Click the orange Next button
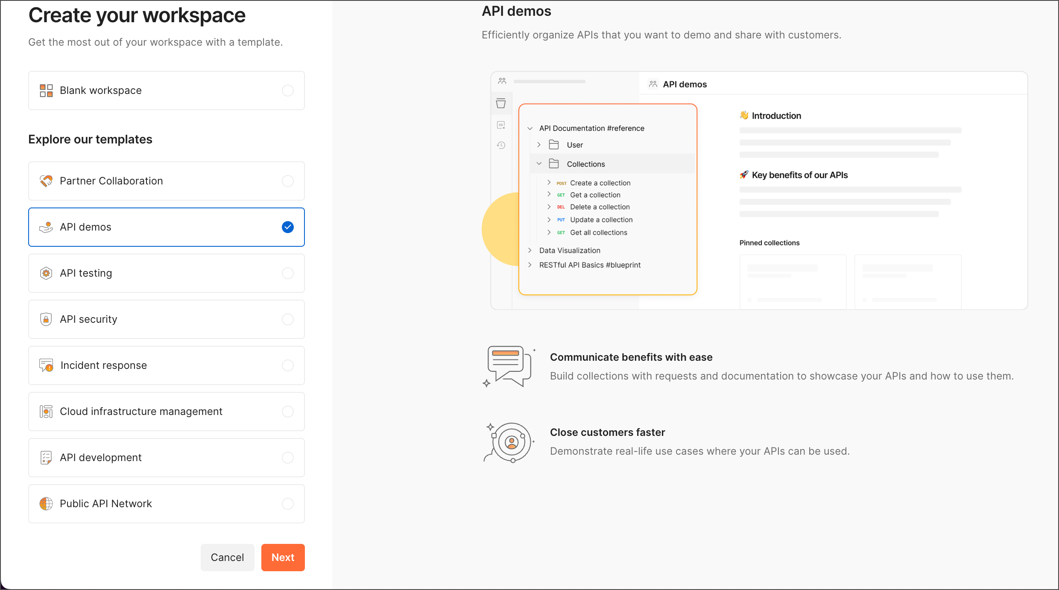click(x=283, y=557)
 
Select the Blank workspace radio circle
click(x=288, y=91)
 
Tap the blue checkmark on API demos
click(x=288, y=227)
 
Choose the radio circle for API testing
click(x=288, y=273)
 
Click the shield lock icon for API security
click(x=46, y=319)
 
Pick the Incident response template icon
click(x=47, y=365)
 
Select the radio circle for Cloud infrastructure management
click(x=288, y=412)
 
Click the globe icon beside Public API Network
click(x=46, y=504)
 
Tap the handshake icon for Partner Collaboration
click(x=46, y=181)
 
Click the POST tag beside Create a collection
click(x=561, y=183)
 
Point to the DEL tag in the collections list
click(x=561, y=207)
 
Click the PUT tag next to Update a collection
click(x=561, y=220)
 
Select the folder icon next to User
click(x=554, y=145)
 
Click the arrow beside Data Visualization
click(x=530, y=250)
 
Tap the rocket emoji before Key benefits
click(x=744, y=175)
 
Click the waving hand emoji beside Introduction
click(x=744, y=115)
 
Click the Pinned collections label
click(x=769, y=243)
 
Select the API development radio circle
click(x=288, y=458)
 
